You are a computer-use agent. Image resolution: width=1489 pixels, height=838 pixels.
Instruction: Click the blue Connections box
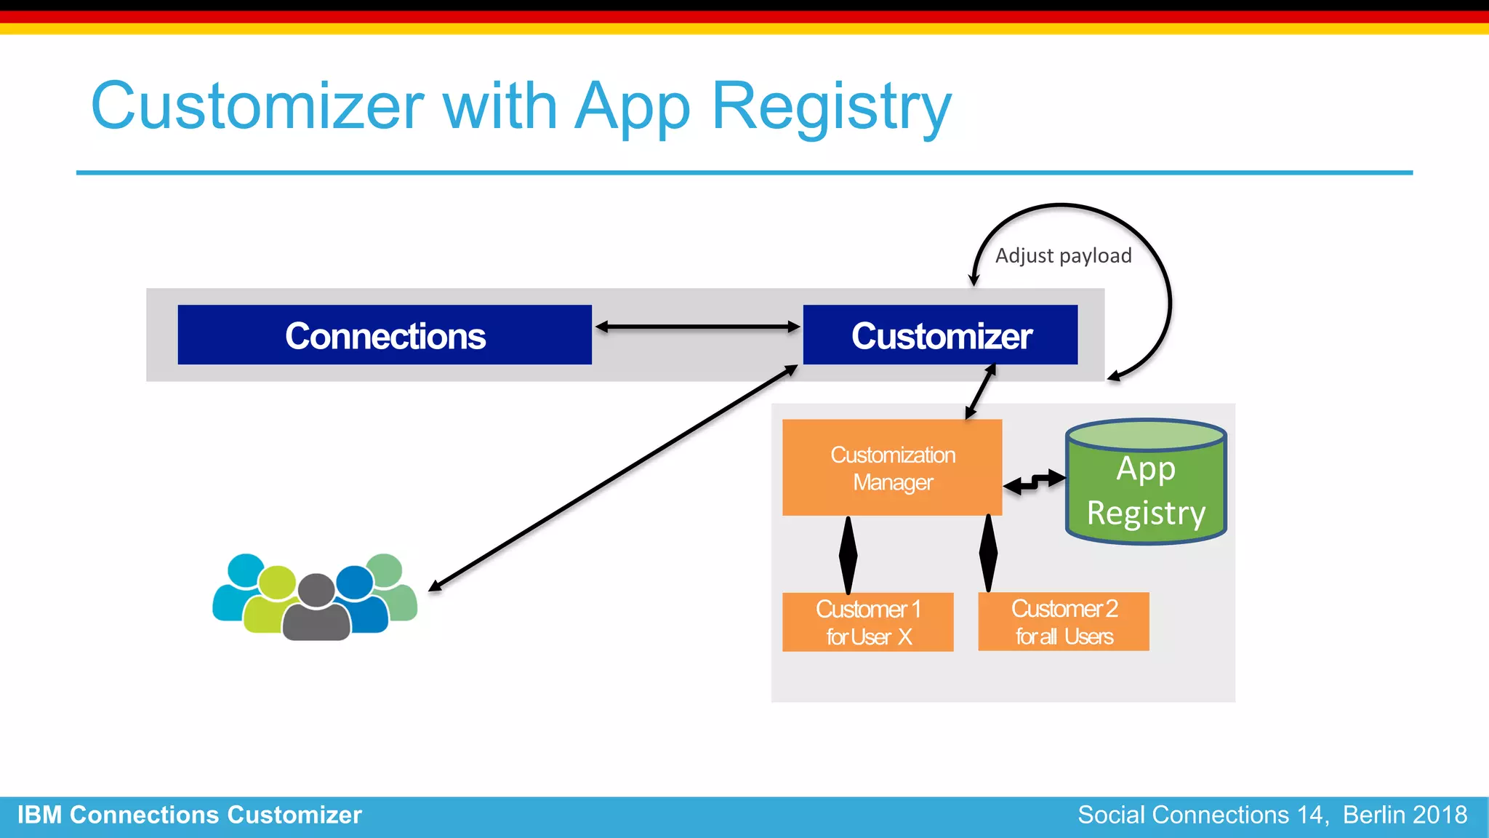(x=385, y=335)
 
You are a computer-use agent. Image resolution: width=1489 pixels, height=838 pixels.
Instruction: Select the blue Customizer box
(x=940, y=335)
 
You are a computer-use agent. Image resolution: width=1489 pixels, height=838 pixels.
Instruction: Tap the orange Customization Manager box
(x=892, y=468)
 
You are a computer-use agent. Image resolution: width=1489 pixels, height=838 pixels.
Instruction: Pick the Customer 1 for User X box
(x=867, y=622)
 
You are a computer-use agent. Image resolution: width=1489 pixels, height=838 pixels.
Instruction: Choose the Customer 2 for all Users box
(x=1064, y=622)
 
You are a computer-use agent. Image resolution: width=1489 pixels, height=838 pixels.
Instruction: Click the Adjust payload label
(x=1063, y=256)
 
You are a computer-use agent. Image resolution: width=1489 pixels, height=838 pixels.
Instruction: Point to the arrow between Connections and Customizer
(x=697, y=327)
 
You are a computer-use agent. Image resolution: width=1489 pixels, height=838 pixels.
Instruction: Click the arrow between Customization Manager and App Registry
(x=1035, y=482)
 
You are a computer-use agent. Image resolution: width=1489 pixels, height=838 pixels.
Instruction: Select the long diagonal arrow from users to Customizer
(x=613, y=479)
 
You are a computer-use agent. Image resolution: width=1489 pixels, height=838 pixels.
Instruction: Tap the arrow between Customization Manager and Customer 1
(x=848, y=554)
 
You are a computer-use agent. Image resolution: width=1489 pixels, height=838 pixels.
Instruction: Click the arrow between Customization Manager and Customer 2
(x=988, y=553)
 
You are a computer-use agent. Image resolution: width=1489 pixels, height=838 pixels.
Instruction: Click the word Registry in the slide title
(x=831, y=106)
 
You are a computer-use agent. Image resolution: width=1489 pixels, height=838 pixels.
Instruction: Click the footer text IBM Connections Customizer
(x=190, y=815)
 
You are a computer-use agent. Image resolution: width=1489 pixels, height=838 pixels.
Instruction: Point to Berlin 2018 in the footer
(x=1405, y=815)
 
